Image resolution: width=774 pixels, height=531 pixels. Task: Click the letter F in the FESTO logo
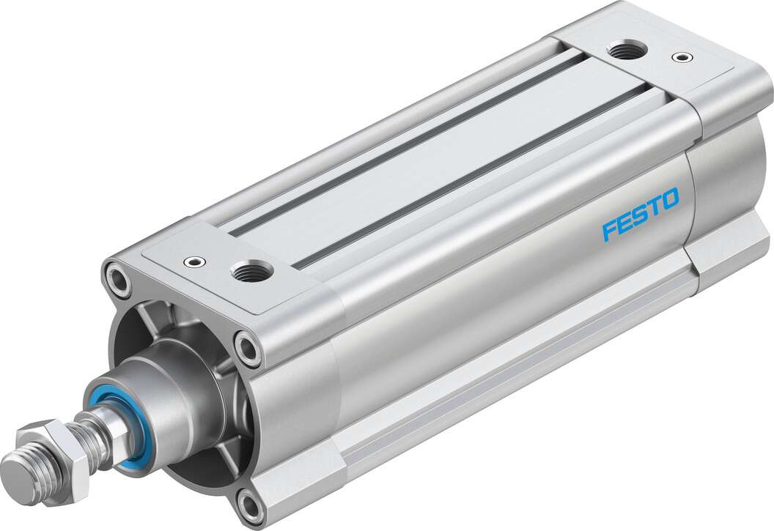610,231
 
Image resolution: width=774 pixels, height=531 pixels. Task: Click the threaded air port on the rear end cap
625,51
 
